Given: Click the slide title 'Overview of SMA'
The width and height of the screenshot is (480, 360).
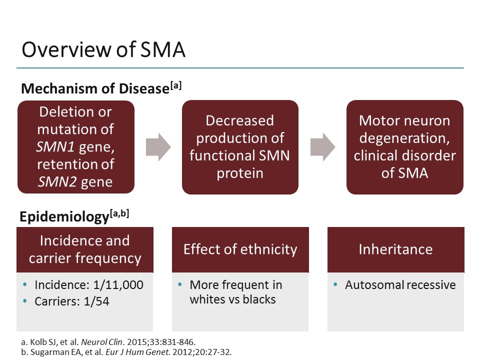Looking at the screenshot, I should [103, 50].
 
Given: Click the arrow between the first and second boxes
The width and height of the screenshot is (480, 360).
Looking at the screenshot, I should [158, 147].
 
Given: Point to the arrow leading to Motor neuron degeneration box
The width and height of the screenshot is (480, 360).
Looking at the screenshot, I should [322, 147].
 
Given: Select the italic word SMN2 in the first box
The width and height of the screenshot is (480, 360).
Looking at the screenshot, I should [56, 181].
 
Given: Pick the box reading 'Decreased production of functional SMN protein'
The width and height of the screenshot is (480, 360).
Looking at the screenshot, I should [240, 147].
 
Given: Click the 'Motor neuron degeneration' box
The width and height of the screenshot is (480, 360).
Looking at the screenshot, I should [404, 147].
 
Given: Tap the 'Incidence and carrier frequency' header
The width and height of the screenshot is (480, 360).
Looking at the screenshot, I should [84, 249].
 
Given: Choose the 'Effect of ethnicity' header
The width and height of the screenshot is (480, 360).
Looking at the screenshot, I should [240, 249].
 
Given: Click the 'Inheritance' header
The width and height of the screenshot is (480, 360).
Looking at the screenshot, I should [395, 249].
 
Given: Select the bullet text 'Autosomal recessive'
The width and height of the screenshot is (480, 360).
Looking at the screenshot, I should [400, 285].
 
